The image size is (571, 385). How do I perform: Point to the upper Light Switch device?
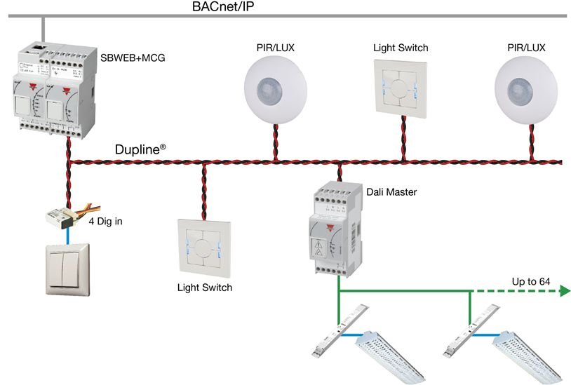tap(401, 88)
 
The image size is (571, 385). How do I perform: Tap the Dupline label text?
tap(140, 149)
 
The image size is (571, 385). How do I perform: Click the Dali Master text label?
tap(391, 191)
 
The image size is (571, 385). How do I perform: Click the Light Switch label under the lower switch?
tap(204, 288)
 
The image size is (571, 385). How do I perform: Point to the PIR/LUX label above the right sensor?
tap(525, 48)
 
